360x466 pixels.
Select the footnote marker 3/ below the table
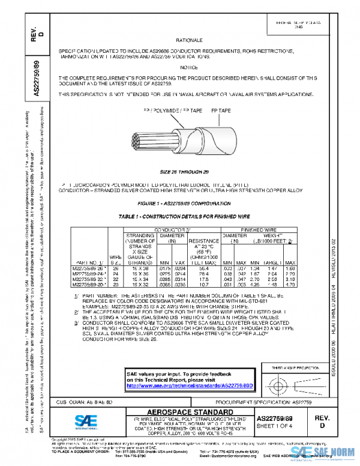76,322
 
